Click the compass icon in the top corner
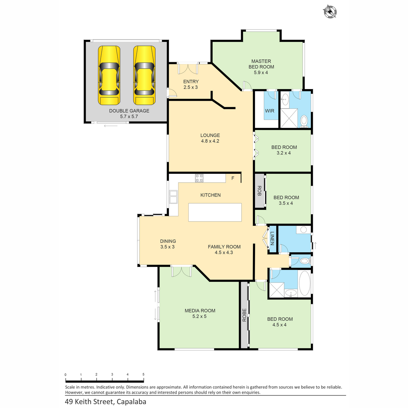(329, 12)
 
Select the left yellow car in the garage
(109, 75)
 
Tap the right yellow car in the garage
(144, 75)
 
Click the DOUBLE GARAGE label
(129, 111)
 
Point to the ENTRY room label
(191, 82)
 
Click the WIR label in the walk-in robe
(270, 111)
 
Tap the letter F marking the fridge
(233, 178)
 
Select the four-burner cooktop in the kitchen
(199, 178)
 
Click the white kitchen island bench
(215, 213)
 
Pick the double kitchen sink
(173, 197)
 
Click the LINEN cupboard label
(272, 238)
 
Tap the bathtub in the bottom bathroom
(305, 283)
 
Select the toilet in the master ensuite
(304, 121)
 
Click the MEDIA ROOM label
(200, 311)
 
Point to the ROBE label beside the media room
(244, 315)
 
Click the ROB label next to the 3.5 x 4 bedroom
(259, 191)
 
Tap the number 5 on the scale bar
(143, 374)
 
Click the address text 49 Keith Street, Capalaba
(105, 402)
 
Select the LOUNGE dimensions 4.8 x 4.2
(210, 141)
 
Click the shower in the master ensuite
(289, 118)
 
